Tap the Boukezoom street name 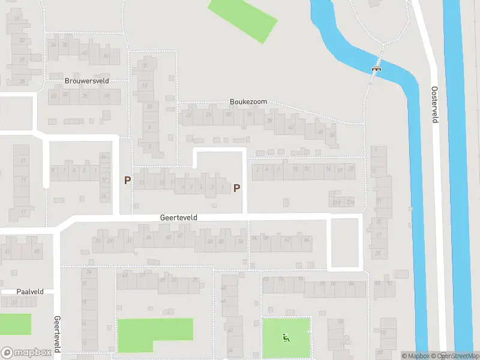pyautogui.click(x=248, y=102)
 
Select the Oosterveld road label pyautogui.click(x=435, y=104)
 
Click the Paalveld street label pyautogui.click(x=31, y=292)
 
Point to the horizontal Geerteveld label pyautogui.click(x=179, y=219)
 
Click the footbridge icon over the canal pyautogui.click(x=377, y=68)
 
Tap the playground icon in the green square pyautogui.click(x=286, y=337)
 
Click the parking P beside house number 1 pyautogui.click(x=236, y=188)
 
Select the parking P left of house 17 pyautogui.click(x=127, y=180)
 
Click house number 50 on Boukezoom pyautogui.click(x=332, y=134)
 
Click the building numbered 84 pyautogui.click(x=352, y=284)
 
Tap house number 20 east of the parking pyautogui.click(x=351, y=169)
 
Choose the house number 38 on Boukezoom pyautogui.click(x=269, y=121)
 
